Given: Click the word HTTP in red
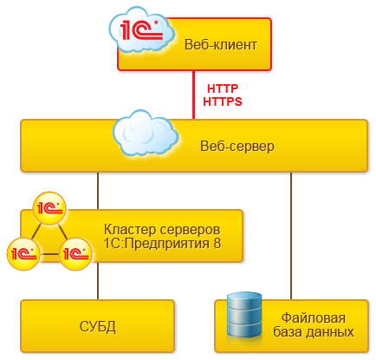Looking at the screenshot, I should [222, 88].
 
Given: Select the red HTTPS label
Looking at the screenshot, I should [222, 101].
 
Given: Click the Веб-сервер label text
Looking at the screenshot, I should [236, 146].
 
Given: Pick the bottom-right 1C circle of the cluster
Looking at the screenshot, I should [75, 253].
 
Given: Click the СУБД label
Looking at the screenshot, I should [97, 326].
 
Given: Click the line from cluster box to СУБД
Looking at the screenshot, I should [97, 283].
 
